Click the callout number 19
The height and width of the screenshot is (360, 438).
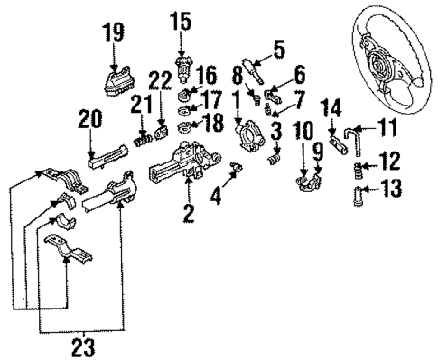(x=115, y=34)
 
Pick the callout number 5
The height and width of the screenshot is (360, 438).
(x=279, y=49)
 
